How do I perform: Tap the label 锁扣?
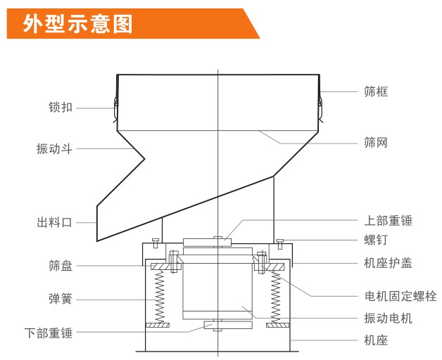[61, 108]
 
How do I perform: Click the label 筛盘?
[61, 266]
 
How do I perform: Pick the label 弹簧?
[61, 300]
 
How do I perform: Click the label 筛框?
[376, 91]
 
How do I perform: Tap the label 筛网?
[376, 143]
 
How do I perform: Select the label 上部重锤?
[388, 221]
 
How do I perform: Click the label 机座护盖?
[388, 263]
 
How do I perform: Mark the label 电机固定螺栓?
[400, 297]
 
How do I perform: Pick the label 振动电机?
[388, 319]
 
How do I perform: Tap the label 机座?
[376, 341]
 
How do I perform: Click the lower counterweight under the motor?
[218, 326]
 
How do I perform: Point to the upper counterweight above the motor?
[208, 243]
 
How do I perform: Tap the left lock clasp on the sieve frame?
[115, 104]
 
